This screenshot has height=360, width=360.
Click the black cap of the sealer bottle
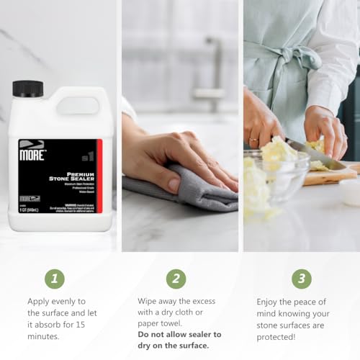(27, 89)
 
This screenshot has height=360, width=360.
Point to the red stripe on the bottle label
(99, 180)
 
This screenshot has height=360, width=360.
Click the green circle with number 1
(54, 279)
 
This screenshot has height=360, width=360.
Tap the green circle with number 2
(176, 279)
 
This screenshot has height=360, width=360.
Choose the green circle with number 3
(301, 279)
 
